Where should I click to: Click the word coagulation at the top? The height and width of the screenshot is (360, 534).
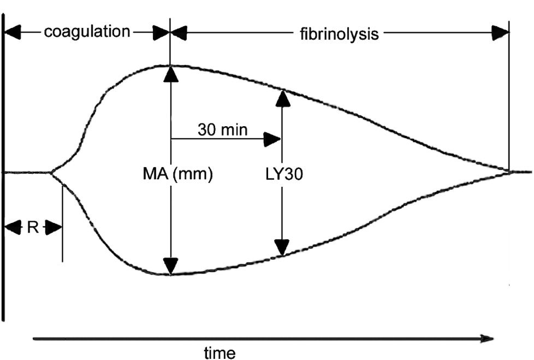(87, 32)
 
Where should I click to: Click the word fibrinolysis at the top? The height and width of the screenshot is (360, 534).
(339, 34)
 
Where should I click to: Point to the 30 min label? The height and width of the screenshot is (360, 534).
(223, 130)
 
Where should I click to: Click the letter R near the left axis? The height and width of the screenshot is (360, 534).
(32, 227)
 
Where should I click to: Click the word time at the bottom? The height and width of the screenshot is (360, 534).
(219, 353)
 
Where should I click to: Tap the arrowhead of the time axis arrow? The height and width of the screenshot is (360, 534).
(488, 339)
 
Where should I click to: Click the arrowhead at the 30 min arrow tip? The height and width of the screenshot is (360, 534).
(273, 139)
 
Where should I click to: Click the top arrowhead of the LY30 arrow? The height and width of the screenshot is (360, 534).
(282, 97)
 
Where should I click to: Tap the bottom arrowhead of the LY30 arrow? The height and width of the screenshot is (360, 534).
(282, 248)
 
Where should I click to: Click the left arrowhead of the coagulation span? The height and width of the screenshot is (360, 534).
(12, 32)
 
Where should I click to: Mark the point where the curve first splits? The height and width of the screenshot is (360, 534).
(51, 173)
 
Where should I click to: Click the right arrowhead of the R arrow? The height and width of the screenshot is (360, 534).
(54, 227)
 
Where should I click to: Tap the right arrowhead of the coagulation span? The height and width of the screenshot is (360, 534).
(162, 32)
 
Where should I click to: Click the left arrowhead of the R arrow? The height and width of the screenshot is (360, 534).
(11, 227)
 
